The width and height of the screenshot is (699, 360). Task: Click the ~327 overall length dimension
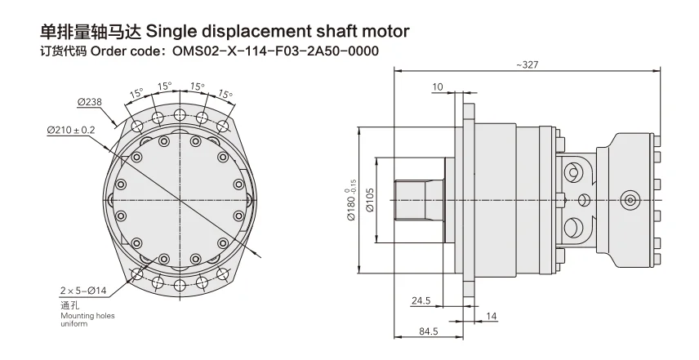(528, 64)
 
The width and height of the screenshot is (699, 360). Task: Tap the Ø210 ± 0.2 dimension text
(71, 129)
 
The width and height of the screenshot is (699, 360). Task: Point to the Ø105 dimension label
(370, 198)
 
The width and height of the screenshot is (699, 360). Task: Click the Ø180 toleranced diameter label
(353, 199)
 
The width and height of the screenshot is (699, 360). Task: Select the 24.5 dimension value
(421, 300)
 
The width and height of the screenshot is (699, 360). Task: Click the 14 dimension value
(491, 315)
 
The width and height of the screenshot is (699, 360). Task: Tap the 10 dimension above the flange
(438, 86)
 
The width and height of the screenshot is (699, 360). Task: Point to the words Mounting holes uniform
(83, 318)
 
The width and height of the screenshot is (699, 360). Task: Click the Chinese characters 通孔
(69, 304)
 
